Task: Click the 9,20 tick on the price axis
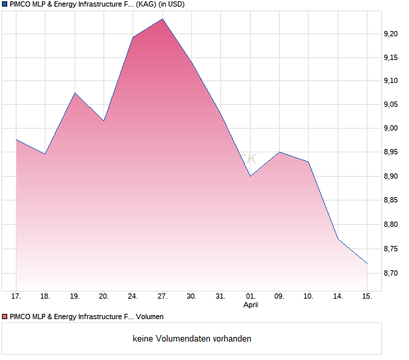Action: click(391, 33)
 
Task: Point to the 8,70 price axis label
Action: click(391, 272)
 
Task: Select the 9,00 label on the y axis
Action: click(391, 129)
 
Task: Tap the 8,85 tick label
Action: click(391, 200)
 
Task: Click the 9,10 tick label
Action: click(391, 81)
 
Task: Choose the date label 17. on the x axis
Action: click(16, 297)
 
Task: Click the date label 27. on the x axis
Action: click(163, 297)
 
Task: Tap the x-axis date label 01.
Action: click(250, 297)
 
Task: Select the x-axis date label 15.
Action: click(367, 297)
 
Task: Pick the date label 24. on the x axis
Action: click(133, 297)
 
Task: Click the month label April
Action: click(251, 305)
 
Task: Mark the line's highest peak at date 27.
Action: click(162, 19)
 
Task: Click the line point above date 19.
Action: click(75, 93)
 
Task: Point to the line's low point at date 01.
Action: click(250, 176)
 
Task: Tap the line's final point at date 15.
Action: click(367, 263)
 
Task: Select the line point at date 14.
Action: click(338, 239)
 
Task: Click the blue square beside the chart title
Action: click(5, 5)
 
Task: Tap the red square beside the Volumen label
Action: click(5, 317)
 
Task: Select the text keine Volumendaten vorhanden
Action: click(191, 339)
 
